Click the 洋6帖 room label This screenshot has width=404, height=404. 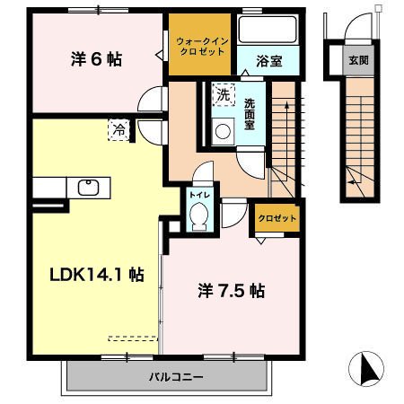[x=96, y=60]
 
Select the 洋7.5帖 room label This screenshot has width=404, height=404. [x=231, y=291]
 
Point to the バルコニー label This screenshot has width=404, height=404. [x=176, y=377]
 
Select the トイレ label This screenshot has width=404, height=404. [x=198, y=192]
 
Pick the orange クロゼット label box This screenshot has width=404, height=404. [x=273, y=218]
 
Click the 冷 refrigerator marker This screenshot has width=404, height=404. [x=119, y=128]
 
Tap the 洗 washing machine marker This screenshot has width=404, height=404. [x=221, y=93]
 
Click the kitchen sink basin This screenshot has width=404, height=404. [x=89, y=187]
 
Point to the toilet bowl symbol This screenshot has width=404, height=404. [x=200, y=215]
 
